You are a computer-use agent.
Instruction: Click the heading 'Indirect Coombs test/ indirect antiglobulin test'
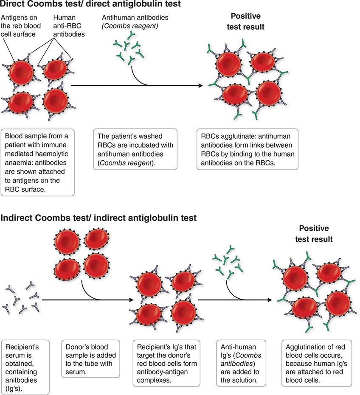pyautogui.click(x=98, y=218)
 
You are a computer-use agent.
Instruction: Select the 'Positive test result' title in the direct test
pyautogui.click(x=247, y=21)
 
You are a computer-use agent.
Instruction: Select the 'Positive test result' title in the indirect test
pyautogui.click(x=314, y=234)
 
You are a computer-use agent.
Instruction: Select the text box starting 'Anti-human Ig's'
pyautogui.click(x=241, y=361)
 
